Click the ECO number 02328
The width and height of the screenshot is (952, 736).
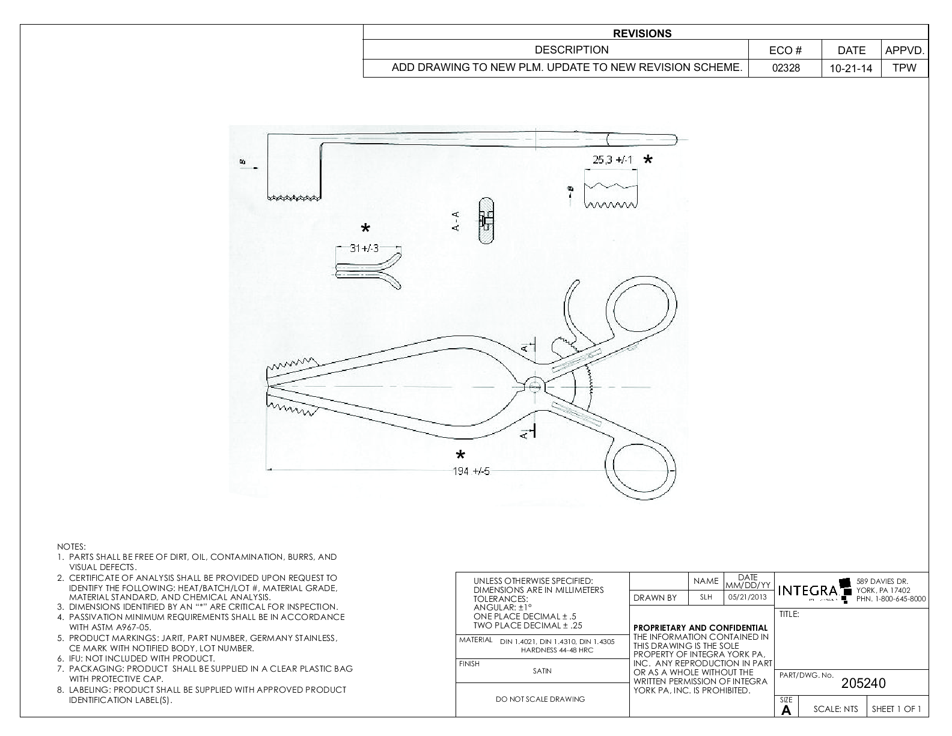(786, 68)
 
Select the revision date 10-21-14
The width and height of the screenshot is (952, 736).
(850, 68)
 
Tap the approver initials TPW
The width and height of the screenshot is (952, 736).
(905, 68)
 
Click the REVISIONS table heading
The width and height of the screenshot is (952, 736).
(642, 34)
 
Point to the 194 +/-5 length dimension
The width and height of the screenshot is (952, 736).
(471, 471)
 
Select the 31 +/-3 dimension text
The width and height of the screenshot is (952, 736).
(364, 248)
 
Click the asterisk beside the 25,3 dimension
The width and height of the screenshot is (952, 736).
(648, 161)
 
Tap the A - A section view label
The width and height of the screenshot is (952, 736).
(456, 221)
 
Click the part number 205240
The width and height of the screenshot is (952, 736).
(863, 683)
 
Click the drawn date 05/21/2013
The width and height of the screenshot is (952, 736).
(748, 598)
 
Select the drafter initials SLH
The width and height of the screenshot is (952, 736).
(706, 598)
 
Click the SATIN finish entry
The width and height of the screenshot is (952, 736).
(542, 671)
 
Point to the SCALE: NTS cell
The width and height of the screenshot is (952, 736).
(835, 709)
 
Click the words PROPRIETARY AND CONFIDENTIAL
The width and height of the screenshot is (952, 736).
(700, 628)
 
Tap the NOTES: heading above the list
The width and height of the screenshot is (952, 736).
(72, 547)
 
